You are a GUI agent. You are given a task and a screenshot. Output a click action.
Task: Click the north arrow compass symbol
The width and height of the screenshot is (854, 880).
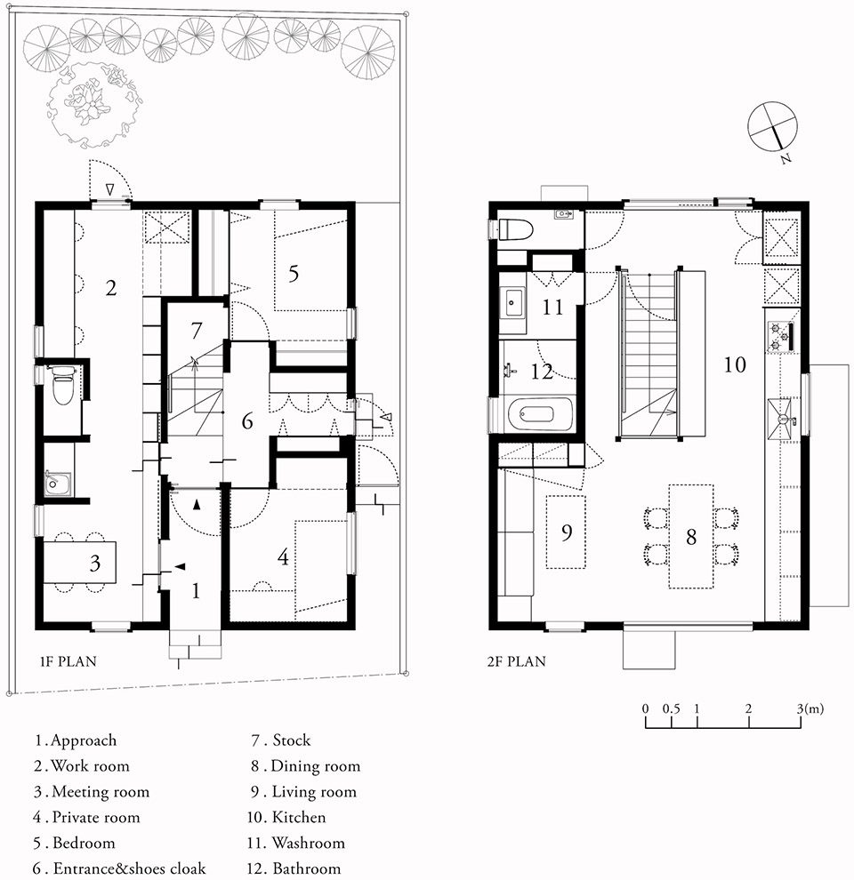[x=772, y=126]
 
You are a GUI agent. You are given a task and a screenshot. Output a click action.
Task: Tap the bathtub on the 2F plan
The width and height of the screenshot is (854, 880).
[x=541, y=414]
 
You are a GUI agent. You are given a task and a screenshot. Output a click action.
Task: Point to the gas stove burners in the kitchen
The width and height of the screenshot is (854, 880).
[x=780, y=336]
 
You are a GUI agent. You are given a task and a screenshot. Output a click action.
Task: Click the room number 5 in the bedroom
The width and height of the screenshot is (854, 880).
[x=294, y=274]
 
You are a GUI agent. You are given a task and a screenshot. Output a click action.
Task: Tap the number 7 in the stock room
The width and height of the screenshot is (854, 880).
[x=196, y=331]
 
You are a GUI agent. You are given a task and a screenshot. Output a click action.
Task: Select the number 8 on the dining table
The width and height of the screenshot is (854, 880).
[x=691, y=537]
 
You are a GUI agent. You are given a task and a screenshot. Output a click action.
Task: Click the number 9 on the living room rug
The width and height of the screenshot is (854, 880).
[x=567, y=532]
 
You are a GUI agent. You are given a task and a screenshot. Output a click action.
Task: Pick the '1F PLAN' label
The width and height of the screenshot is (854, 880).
[x=68, y=661]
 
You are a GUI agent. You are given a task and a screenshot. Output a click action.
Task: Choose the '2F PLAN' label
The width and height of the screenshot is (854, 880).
[x=516, y=661]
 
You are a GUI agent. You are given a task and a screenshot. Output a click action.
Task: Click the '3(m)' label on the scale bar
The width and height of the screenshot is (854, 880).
[x=810, y=708]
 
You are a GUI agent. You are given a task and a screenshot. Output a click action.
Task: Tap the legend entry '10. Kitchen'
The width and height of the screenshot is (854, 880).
[x=286, y=817]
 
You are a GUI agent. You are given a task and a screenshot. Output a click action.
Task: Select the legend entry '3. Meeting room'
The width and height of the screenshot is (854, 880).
[x=92, y=791]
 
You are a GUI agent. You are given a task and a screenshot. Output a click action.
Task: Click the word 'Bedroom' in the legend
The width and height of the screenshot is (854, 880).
[x=84, y=843]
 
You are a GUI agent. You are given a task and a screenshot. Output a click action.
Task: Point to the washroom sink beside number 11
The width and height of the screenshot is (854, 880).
[x=512, y=302]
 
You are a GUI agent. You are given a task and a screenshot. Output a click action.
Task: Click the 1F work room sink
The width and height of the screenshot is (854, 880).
[x=57, y=483]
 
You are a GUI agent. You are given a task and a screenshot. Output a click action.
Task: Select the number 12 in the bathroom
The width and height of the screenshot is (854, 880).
[x=542, y=372]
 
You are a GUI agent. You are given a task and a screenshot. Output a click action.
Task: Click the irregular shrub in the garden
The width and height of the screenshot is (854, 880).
[x=93, y=106]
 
